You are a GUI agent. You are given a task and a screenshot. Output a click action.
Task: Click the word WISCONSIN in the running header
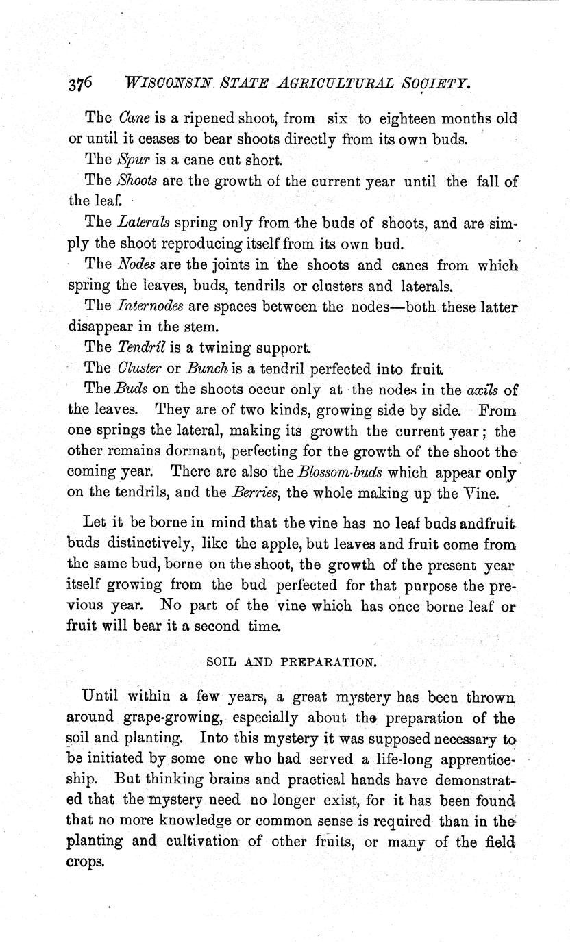click(166, 84)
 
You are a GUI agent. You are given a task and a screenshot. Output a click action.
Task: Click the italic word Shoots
click(137, 181)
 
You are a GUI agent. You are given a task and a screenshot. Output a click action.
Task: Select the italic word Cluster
click(139, 369)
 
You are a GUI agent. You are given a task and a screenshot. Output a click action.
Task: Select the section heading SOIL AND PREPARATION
click(291, 663)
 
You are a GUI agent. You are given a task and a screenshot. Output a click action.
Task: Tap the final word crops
click(86, 861)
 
